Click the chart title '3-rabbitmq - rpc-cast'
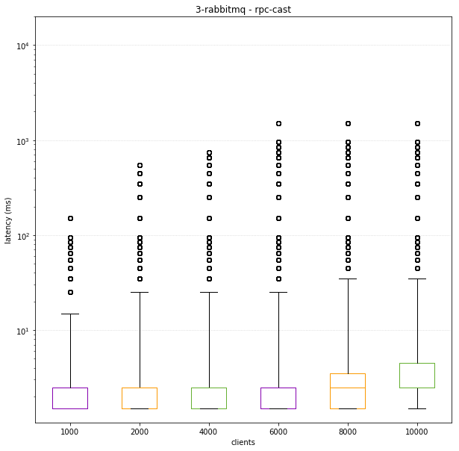pos(243,10)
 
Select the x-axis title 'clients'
pos(243,442)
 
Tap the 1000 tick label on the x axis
pos(69,431)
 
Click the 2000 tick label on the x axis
pos(140,431)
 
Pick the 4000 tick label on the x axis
pos(209,431)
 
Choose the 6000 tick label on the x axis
pos(278,431)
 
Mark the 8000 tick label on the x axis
pos(348,431)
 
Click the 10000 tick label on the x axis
pos(417,431)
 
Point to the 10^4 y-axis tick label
pos(22,46)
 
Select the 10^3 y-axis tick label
pos(22,141)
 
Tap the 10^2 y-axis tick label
pos(22,236)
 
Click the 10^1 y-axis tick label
pos(22,331)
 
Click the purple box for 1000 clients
pos(70,398)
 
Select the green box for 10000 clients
pos(417,375)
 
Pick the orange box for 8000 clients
pos(348,391)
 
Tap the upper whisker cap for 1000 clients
pos(70,314)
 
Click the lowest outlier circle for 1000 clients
pos(70,292)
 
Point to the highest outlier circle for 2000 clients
pos(140,165)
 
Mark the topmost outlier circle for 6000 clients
pos(278,123)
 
